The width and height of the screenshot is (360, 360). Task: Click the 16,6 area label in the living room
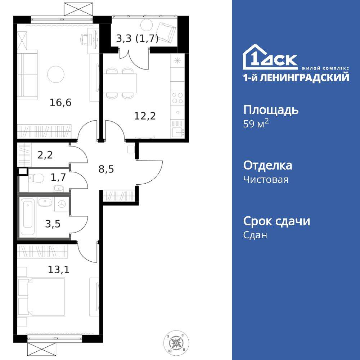(61, 103)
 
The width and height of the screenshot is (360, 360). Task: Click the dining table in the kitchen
(121, 83)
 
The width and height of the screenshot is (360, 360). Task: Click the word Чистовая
(266, 179)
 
